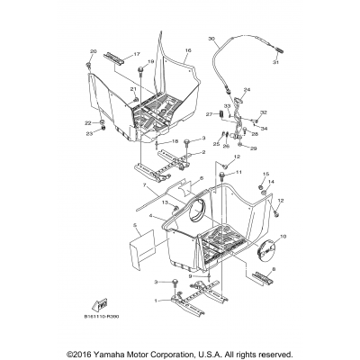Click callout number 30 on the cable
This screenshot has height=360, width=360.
coord(212,40)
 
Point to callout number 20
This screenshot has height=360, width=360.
coord(92,53)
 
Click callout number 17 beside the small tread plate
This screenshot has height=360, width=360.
coord(138,55)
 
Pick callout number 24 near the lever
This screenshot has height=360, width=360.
coord(247,89)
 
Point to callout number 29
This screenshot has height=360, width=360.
coord(254,148)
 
